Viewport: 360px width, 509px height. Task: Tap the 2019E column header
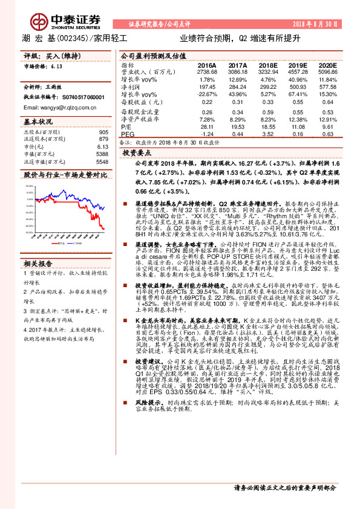(299, 65)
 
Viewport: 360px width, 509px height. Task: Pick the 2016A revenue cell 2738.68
(207, 71)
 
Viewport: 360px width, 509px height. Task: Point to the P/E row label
(126, 127)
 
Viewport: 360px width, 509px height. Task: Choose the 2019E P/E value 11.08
(299, 127)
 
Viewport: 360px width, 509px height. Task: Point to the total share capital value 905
(103, 132)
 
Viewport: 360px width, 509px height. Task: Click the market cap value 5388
(102, 154)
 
